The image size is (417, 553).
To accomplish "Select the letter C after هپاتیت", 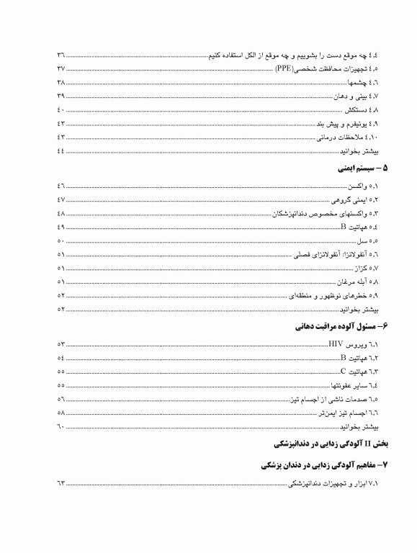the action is (344, 372).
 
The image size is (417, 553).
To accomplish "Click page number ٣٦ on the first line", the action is (61, 55).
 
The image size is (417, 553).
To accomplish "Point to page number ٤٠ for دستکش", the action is (61, 110).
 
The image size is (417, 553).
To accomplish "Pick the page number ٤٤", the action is (61, 151).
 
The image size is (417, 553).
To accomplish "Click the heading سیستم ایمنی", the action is (359, 171).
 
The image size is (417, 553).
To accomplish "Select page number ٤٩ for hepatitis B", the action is (61, 227).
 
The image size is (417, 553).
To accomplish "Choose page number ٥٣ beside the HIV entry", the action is (61, 344).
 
